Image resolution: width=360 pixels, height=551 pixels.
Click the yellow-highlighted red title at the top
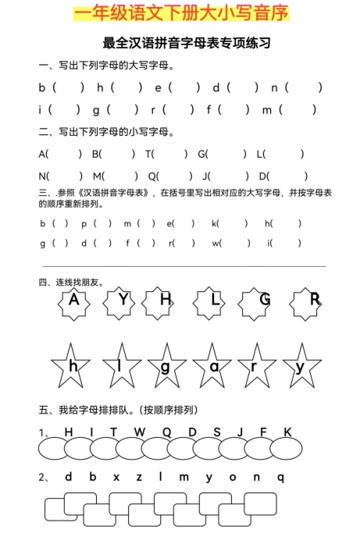[180, 14]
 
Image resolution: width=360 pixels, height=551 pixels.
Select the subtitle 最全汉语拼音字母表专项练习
[180, 43]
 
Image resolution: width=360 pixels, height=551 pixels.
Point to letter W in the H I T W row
[139, 432]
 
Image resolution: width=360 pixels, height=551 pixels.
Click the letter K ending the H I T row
[287, 432]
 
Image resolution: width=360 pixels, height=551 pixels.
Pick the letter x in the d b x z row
[116, 477]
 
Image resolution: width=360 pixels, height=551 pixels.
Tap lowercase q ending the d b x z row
[281, 478]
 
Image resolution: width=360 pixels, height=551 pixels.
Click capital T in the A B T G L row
[148, 154]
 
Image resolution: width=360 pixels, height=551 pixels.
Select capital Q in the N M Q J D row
[151, 176]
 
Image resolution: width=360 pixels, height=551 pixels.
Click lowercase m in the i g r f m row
[266, 109]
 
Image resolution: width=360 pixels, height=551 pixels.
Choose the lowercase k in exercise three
[215, 223]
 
